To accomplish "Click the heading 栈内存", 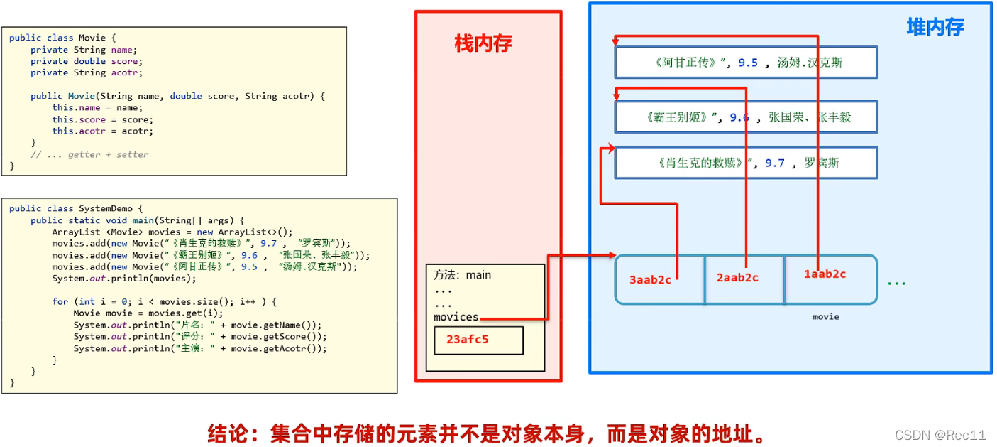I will tap(483, 44).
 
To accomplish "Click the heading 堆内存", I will tap(935, 28).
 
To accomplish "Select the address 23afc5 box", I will tap(478, 340).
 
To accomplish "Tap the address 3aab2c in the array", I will tap(650, 279).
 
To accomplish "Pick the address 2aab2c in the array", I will tap(737, 277).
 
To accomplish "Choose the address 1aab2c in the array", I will tap(825, 274).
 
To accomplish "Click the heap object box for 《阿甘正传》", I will tap(746, 63).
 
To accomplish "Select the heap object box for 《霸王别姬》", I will tap(746, 117).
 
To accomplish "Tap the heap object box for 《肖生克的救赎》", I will tap(746, 163).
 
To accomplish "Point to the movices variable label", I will tap(456, 317).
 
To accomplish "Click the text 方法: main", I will tap(462, 275).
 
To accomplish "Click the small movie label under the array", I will tap(825, 316).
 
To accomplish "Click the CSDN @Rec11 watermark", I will tap(940, 435).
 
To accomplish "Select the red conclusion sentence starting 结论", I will tap(487, 433).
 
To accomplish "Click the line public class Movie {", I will tap(57, 38).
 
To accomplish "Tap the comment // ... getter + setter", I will tap(89, 154).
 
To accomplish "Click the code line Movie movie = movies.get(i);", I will tap(148, 313).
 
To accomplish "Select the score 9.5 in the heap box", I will tap(748, 63).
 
